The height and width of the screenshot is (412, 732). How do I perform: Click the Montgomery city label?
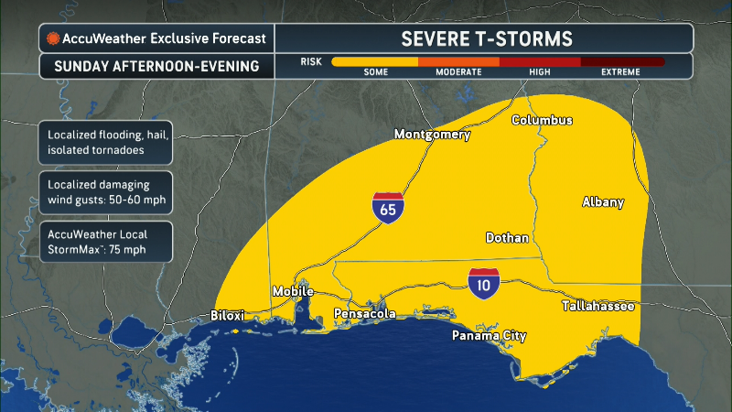[x=432, y=135]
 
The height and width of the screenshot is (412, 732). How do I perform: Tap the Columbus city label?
[x=542, y=120]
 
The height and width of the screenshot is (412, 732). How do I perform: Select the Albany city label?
[x=603, y=202]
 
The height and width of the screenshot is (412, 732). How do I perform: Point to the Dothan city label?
[x=507, y=238]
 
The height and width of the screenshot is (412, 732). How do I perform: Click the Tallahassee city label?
[x=597, y=306]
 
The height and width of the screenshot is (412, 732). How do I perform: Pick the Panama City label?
[x=490, y=336]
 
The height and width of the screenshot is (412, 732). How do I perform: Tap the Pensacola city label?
[x=365, y=314]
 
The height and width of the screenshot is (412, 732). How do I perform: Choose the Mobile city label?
[x=294, y=291]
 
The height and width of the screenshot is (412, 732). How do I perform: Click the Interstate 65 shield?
[x=388, y=208]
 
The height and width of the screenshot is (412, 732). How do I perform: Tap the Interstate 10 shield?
[x=483, y=284]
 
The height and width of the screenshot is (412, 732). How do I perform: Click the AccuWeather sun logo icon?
[x=54, y=38]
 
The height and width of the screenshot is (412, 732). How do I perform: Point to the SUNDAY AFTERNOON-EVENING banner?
[x=156, y=66]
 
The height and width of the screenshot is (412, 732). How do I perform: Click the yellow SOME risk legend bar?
[x=375, y=62]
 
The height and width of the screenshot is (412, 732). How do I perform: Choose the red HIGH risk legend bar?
[x=540, y=62]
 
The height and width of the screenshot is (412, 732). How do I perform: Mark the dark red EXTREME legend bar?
[x=622, y=62]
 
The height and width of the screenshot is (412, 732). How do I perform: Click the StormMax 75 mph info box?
[x=100, y=241]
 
